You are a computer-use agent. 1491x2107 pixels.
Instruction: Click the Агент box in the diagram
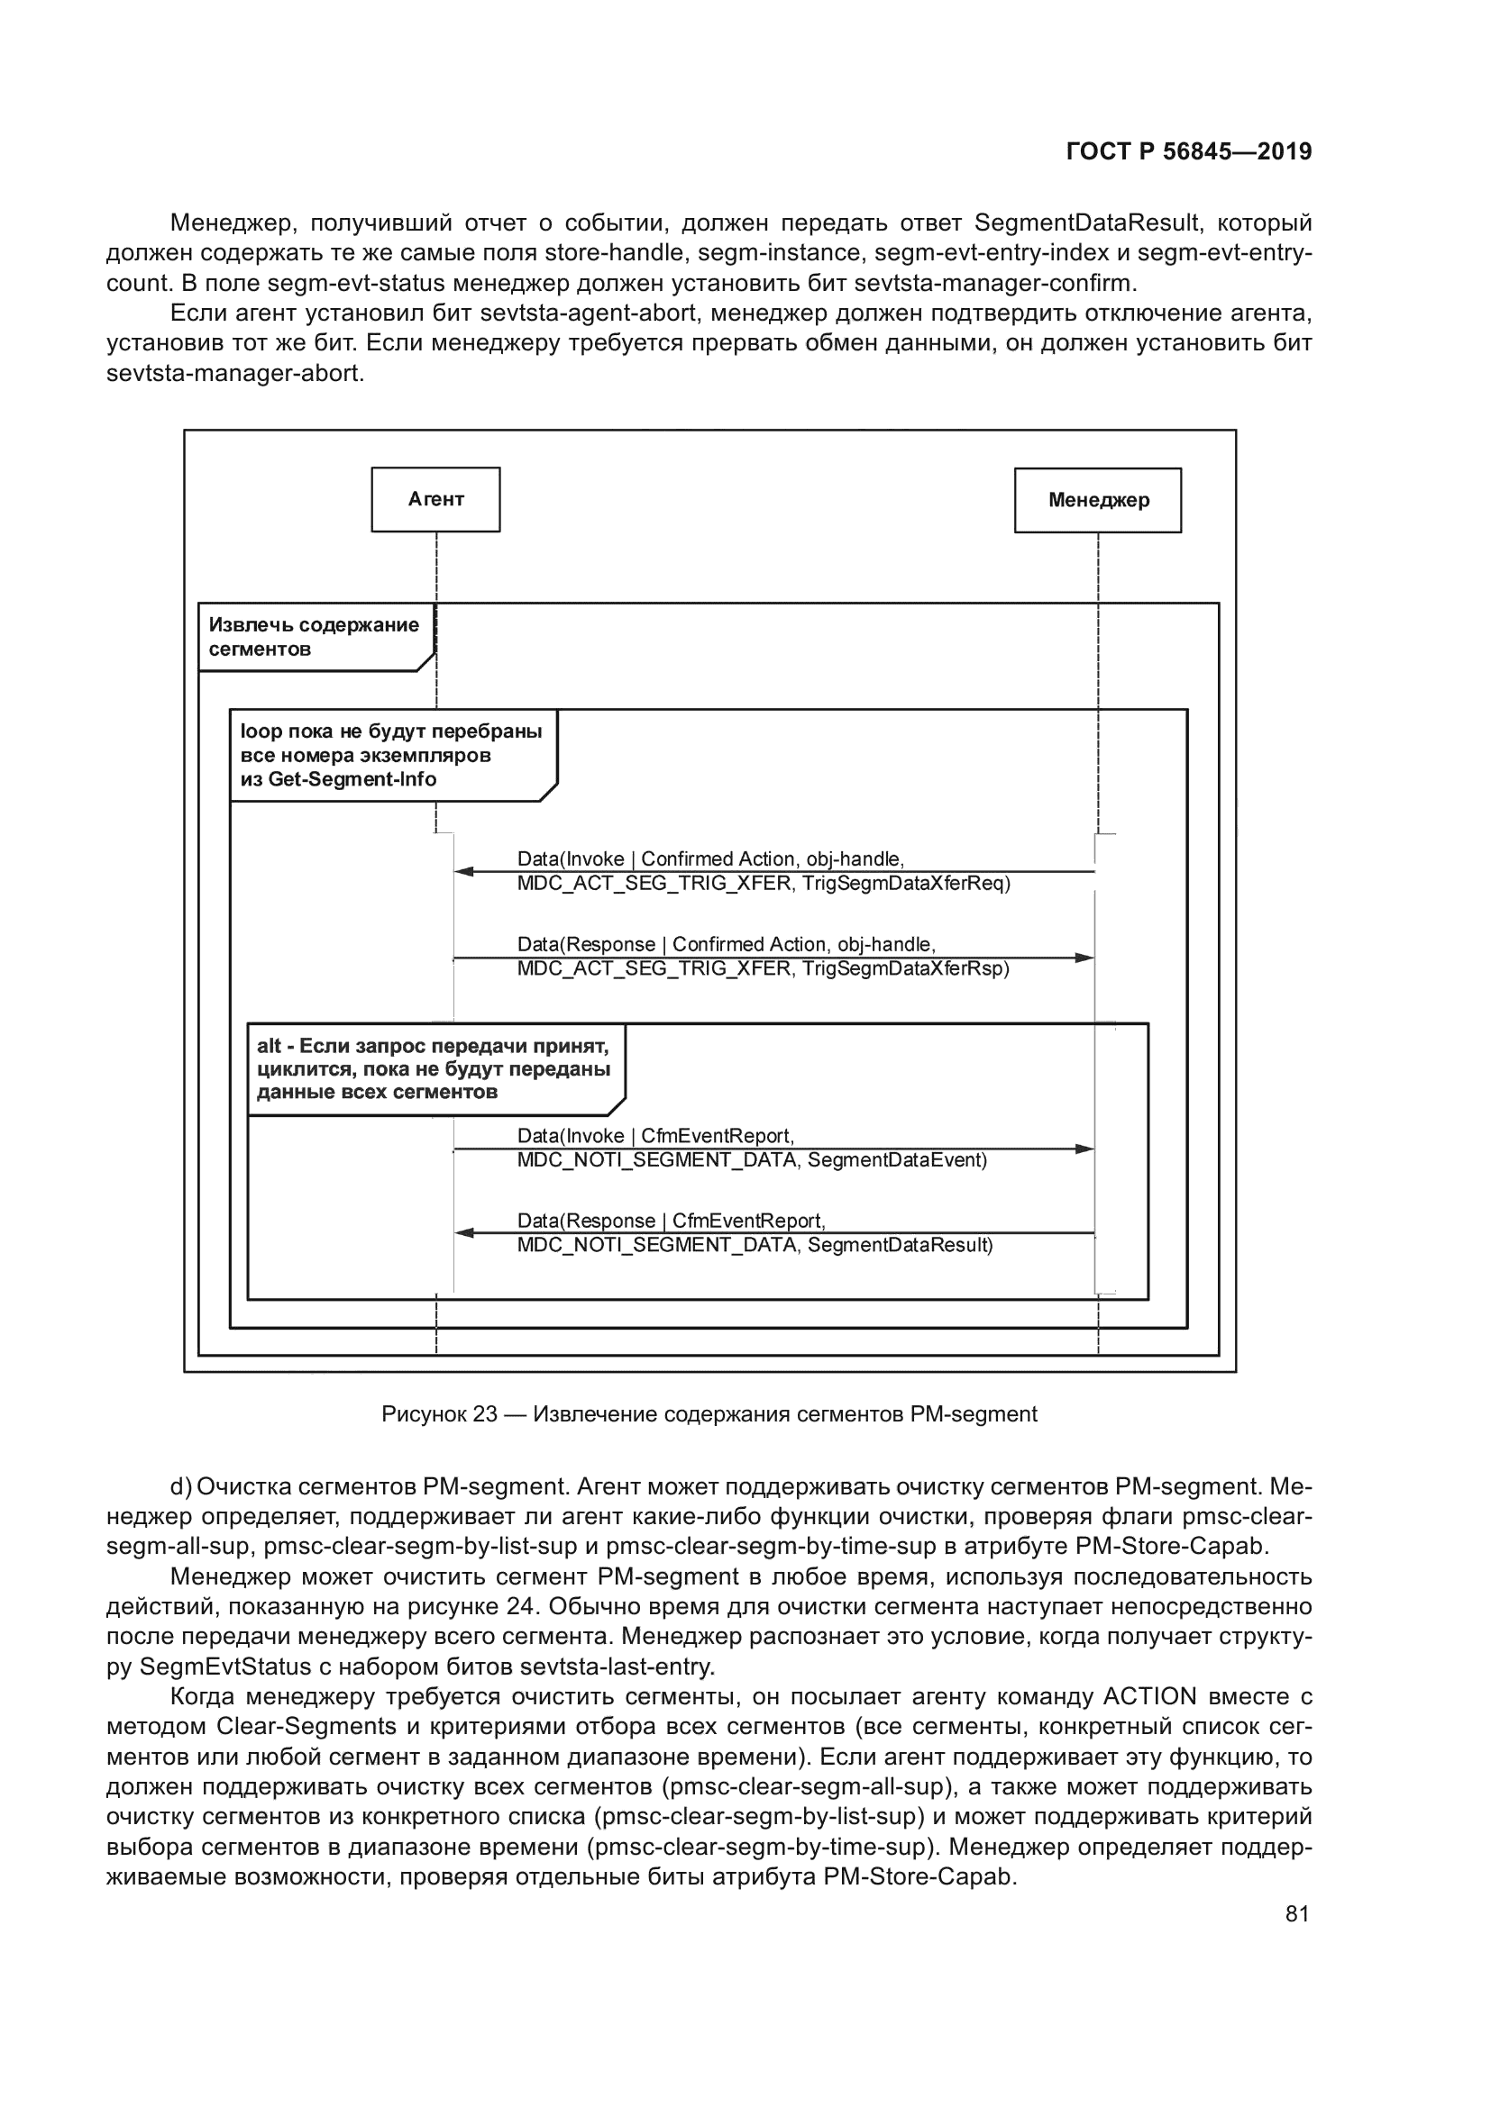(x=436, y=499)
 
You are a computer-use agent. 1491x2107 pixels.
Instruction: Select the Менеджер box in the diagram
(x=1098, y=500)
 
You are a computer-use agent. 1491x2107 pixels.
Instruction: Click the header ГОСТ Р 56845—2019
(x=1189, y=151)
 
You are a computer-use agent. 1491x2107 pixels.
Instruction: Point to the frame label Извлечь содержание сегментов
(x=313, y=637)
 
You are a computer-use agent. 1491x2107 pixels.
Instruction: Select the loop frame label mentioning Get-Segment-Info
(x=391, y=755)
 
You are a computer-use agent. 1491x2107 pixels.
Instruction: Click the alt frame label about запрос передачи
(x=434, y=1069)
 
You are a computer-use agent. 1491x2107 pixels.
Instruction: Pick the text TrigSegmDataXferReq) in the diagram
(x=905, y=884)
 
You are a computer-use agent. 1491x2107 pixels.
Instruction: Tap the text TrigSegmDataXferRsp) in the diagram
(x=905, y=969)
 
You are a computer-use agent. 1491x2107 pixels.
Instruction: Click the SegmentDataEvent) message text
(x=897, y=1160)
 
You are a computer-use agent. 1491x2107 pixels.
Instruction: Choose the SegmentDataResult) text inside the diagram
(x=900, y=1245)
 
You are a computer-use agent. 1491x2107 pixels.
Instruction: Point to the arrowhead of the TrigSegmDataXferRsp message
(x=1084, y=958)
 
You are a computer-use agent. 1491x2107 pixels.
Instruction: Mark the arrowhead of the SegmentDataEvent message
(x=1084, y=1148)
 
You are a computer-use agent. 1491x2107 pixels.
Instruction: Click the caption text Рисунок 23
(x=439, y=1414)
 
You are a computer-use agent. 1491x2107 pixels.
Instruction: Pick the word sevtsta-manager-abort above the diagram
(x=234, y=375)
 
